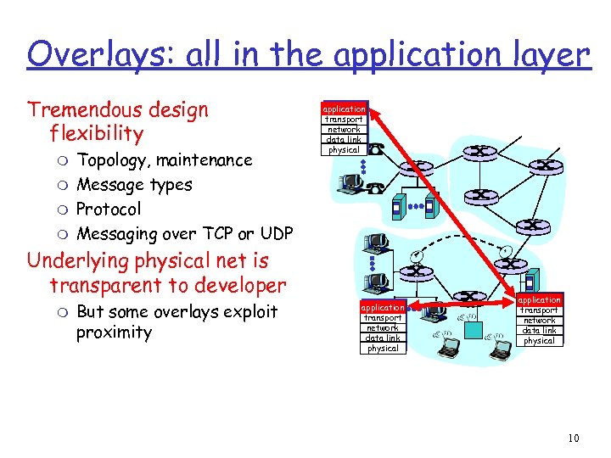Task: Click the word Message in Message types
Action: pyautogui.click(x=110, y=185)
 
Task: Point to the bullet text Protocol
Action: pyautogui.click(x=109, y=209)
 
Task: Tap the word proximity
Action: pyautogui.click(x=114, y=332)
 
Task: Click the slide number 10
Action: pyautogui.click(x=574, y=438)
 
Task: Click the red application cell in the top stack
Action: pyautogui.click(x=344, y=109)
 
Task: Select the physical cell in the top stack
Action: pyautogui.click(x=344, y=150)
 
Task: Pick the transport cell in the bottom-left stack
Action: pyautogui.click(x=383, y=317)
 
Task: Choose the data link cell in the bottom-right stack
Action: pyautogui.click(x=540, y=331)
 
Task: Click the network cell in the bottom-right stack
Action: pyautogui.click(x=540, y=321)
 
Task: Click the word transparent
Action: pyautogui.click(x=106, y=285)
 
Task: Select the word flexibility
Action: pyautogui.click(x=97, y=134)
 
